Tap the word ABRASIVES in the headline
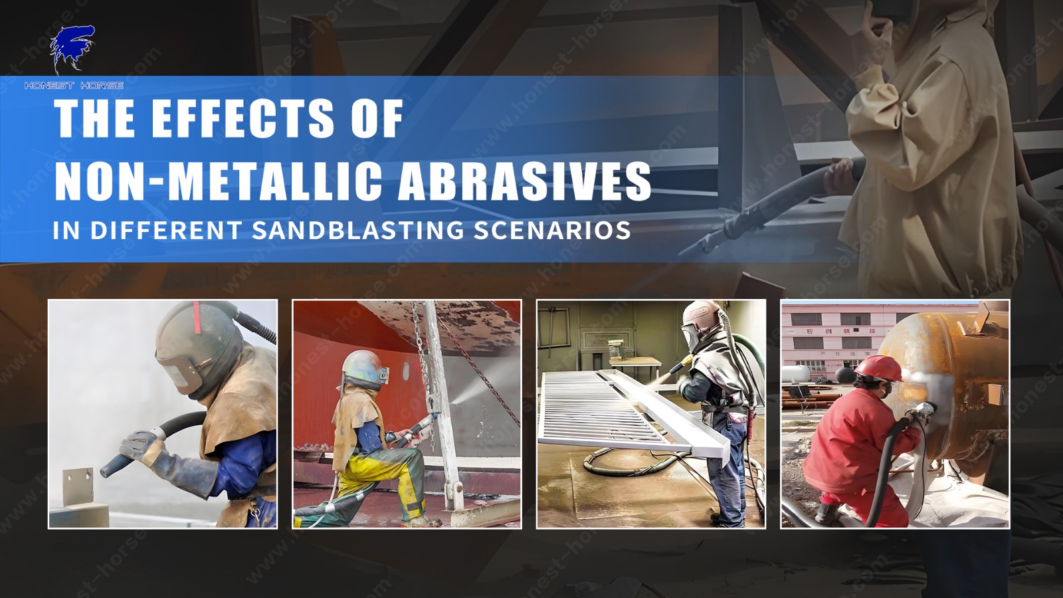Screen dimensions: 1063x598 tap(524, 181)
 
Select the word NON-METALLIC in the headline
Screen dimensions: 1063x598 tap(219, 181)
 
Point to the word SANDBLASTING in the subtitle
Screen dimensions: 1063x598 tap(357, 230)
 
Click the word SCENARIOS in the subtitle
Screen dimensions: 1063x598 tap(552, 230)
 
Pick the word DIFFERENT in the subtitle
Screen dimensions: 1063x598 tap(166, 230)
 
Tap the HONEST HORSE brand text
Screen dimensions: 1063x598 tap(74, 86)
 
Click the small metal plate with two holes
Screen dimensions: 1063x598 tap(78, 486)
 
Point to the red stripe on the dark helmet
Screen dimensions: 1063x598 tap(197, 317)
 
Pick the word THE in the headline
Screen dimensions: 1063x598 tap(94, 118)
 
